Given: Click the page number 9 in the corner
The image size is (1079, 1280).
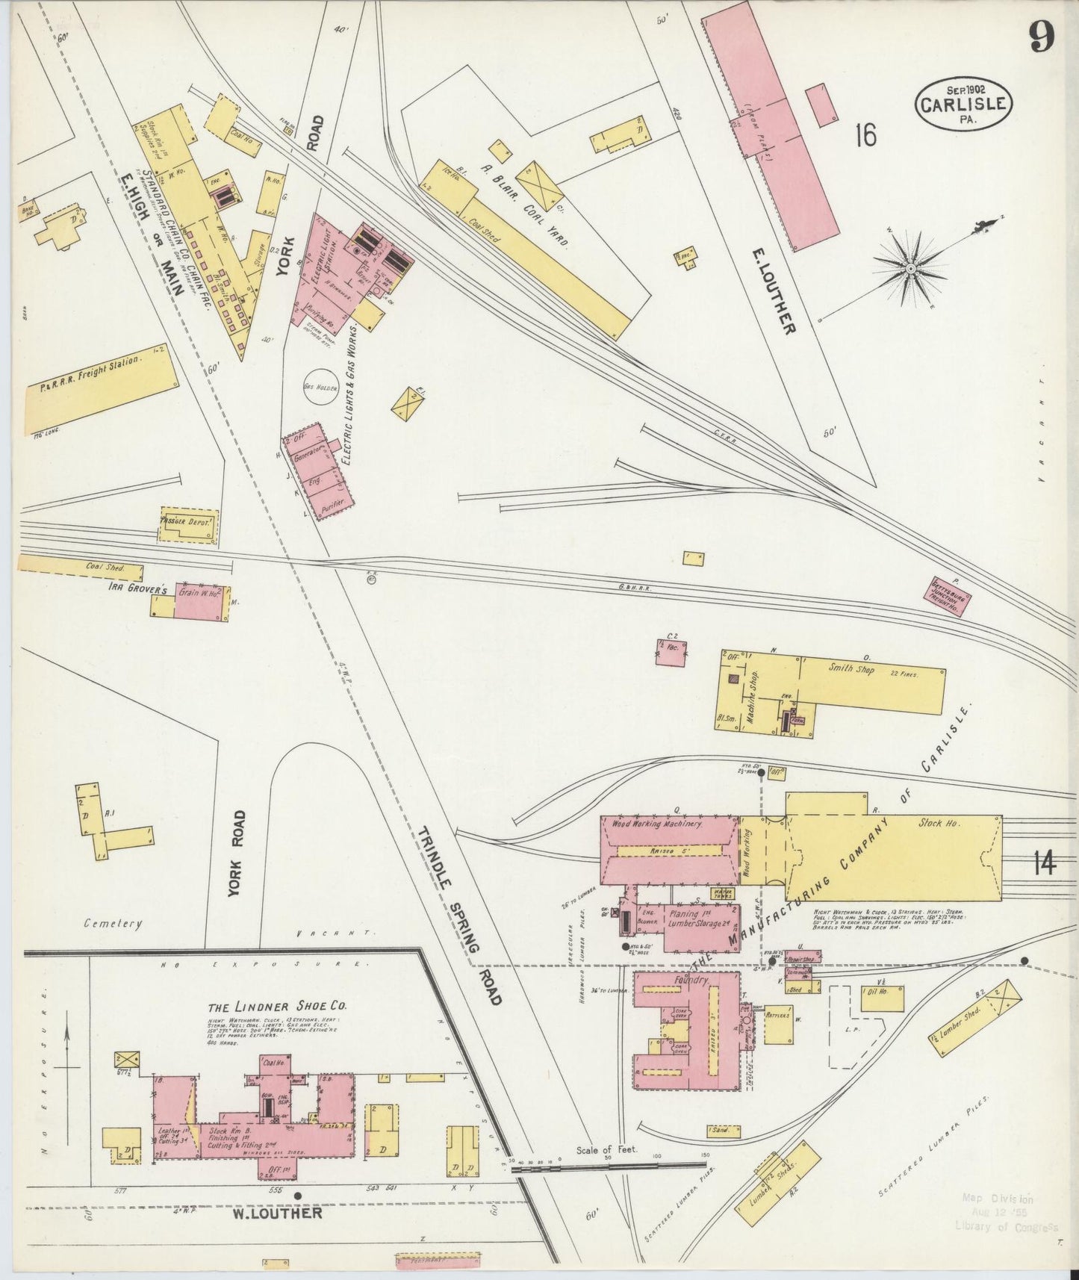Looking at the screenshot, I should pyautogui.click(x=1042, y=37).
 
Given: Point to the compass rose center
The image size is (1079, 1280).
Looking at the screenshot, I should pyautogui.click(x=911, y=267).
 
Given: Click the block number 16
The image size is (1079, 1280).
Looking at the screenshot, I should pyautogui.click(x=866, y=135).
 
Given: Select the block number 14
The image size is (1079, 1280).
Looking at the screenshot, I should pyautogui.click(x=1045, y=864).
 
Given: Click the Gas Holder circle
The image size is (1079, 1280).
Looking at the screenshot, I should pyautogui.click(x=321, y=388).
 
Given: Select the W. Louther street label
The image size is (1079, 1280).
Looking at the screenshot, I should pyautogui.click(x=277, y=1213).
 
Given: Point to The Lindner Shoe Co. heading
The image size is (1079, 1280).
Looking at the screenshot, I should pyautogui.click(x=277, y=1004).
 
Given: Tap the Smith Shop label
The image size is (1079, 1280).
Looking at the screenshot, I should pyautogui.click(x=852, y=668).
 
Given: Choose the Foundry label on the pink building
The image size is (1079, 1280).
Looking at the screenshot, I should pyautogui.click(x=689, y=980).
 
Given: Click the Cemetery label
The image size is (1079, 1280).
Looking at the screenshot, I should pyautogui.click(x=113, y=924).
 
